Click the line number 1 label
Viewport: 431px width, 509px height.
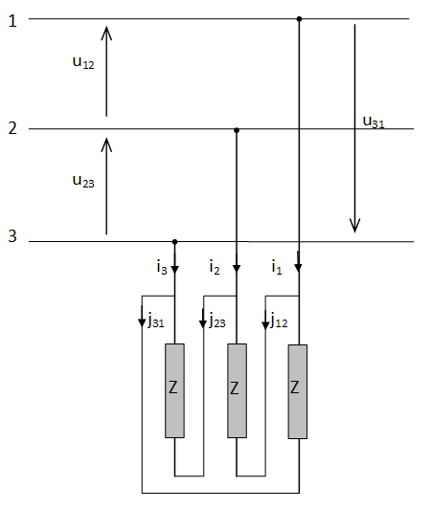click(12, 21)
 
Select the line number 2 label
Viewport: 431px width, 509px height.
click(12, 128)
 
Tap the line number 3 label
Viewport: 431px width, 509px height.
click(12, 236)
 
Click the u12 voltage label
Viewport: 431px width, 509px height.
click(83, 61)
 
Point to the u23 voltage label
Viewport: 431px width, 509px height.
click(83, 181)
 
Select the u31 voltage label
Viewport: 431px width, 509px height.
click(374, 122)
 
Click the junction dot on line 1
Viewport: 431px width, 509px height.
click(299, 19)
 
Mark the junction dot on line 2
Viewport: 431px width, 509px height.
click(237, 130)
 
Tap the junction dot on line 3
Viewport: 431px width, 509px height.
click(174, 242)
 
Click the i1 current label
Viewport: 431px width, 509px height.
click(277, 268)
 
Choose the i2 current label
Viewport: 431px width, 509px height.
click(215, 268)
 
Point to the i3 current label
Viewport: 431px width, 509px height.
click(162, 268)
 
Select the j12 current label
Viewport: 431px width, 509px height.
click(279, 320)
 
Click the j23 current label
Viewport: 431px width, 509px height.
click(217, 320)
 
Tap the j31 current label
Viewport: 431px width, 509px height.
click(156, 320)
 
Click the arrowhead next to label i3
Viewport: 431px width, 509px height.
click(174, 269)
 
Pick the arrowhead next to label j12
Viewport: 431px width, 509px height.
click(265, 325)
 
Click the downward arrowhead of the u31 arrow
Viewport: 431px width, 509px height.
click(354, 226)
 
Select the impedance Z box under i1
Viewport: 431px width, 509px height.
click(298, 391)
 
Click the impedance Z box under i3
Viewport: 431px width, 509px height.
click(174, 390)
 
